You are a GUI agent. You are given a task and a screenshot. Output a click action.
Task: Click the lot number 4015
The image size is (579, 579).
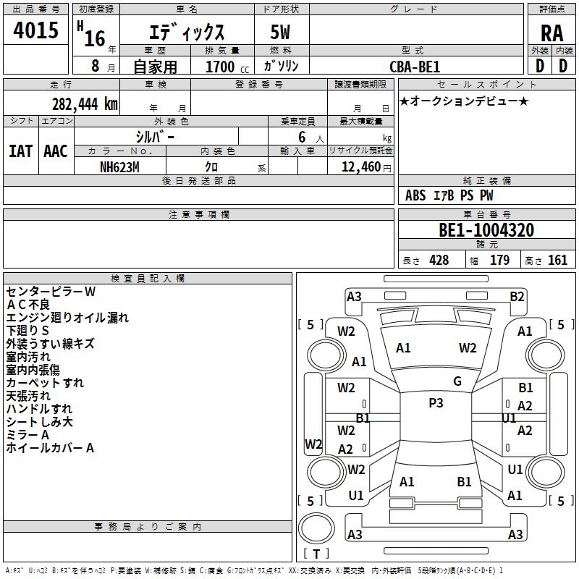tap(35, 31)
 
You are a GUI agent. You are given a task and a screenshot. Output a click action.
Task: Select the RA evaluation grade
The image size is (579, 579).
tap(551, 33)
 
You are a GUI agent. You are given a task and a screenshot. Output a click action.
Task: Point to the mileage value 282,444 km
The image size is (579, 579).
tap(85, 104)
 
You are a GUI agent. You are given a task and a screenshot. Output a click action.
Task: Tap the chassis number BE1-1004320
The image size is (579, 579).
tap(486, 230)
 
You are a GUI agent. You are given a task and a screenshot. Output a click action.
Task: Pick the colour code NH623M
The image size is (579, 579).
tap(119, 167)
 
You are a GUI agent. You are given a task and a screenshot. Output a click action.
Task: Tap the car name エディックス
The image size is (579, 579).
tap(187, 33)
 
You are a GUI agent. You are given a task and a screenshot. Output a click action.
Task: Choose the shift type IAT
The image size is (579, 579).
tap(20, 151)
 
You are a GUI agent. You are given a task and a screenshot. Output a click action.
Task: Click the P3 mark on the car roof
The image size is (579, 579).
tap(436, 403)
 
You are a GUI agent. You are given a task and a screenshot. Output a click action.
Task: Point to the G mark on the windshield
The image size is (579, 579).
tap(457, 381)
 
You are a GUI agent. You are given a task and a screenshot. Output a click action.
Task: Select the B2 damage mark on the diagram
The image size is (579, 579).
tap(517, 296)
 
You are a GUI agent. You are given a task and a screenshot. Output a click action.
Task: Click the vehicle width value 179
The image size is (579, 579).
tap(499, 261)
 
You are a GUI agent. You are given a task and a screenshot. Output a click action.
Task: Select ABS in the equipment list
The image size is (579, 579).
tap(415, 195)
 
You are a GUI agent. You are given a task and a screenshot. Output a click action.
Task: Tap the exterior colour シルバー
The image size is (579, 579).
tap(155, 136)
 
